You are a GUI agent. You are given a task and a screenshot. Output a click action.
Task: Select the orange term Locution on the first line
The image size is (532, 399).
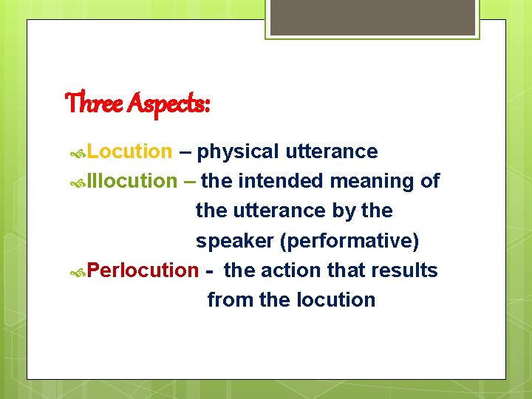pos(129,151)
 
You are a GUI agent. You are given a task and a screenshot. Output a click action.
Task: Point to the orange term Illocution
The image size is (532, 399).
pos(132,181)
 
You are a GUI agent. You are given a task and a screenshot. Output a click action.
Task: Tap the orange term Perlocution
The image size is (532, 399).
pos(143,270)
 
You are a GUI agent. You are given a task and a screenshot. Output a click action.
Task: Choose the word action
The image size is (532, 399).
pos(287,270)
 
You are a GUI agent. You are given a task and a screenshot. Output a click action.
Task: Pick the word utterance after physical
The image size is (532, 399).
pos(331,151)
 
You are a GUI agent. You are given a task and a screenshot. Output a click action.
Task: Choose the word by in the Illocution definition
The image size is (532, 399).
pos(344,211)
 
